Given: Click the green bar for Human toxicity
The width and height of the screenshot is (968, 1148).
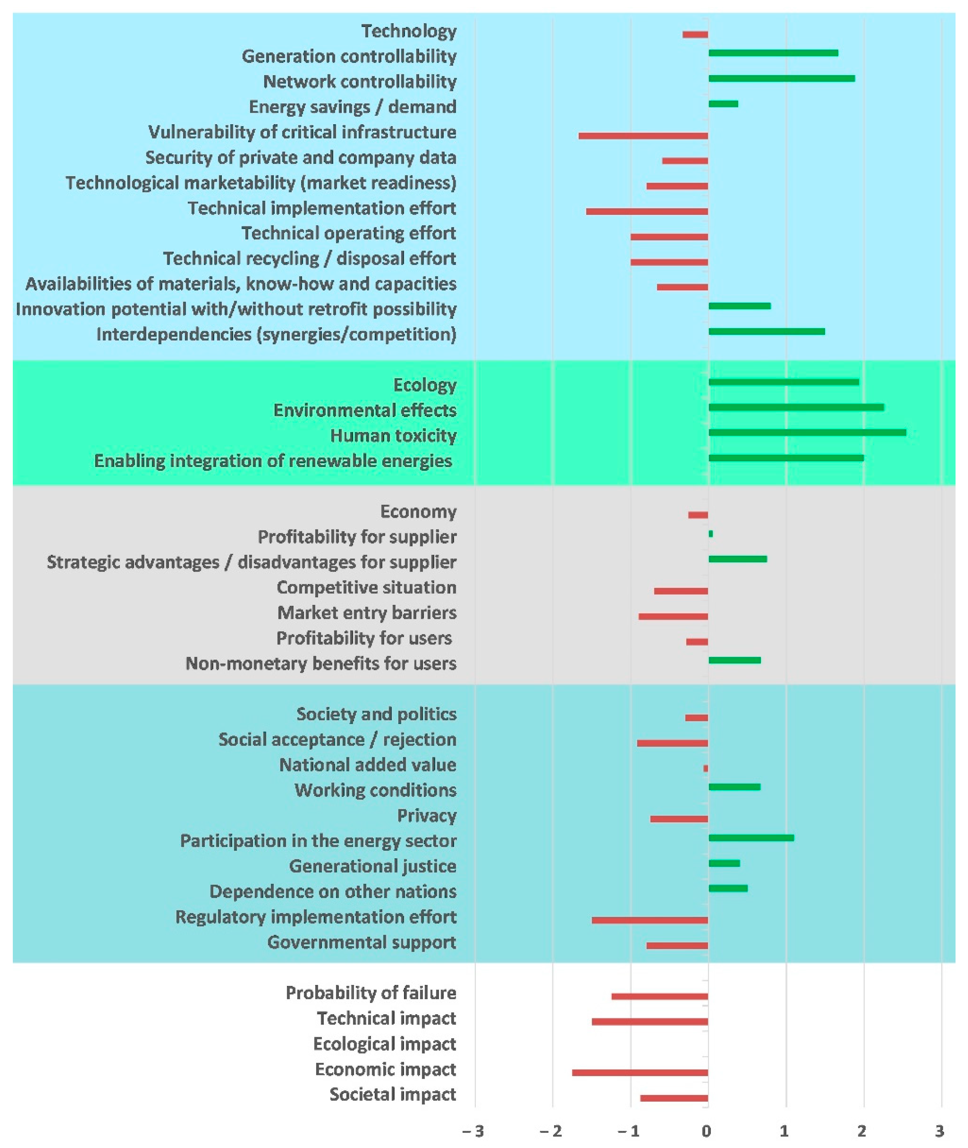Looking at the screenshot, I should (x=807, y=432).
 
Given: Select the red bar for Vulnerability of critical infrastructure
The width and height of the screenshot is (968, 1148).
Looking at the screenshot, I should (x=643, y=136).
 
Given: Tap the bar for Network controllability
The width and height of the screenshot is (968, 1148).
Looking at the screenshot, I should (x=781, y=79).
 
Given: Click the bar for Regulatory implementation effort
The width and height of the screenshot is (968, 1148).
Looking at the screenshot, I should (x=650, y=920).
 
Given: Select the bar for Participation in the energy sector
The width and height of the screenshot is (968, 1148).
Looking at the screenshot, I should (x=751, y=838).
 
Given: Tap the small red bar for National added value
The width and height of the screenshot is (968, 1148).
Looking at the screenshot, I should (x=706, y=768).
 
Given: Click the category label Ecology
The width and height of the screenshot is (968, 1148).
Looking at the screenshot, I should (x=425, y=385).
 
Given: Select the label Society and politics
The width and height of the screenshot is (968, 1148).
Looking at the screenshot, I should (x=377, y=714).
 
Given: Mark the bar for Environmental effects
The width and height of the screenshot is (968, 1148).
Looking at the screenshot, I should (x=796, y=407).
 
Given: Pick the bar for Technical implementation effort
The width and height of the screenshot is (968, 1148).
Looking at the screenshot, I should (x=647, y=211).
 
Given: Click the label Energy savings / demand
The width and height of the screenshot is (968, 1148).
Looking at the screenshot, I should (x=352, y=107).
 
